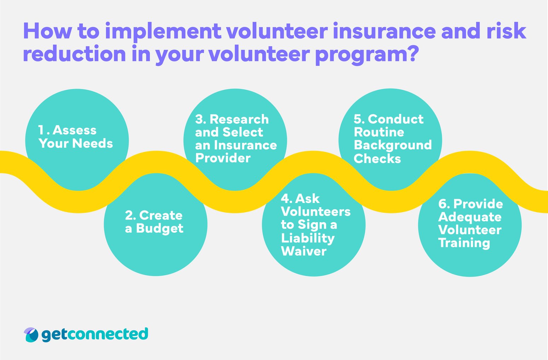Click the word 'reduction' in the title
click(x=75, y=54)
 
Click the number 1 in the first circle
click(x=42, y=130)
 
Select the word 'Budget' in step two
click(x=159, y=228)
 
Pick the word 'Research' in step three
click(x=239, y=120)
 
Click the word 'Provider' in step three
click(x=223, y=158)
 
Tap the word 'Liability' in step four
click(x=308, y=238)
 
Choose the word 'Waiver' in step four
click(x=304, y=251)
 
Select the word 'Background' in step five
click(x=393, y=145)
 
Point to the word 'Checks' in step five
click(x=377, y=159)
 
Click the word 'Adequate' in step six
click(x=470, y=217)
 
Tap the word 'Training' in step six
click(x=464, y=243)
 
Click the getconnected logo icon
click(x=31, y=335)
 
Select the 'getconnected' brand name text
click(x=95, y=335)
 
